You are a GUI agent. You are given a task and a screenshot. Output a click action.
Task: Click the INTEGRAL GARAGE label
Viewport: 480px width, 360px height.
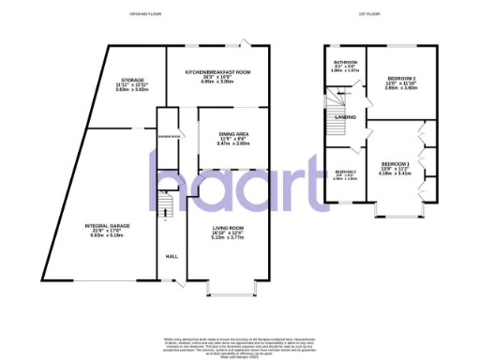pyautogui.click(x=107, y=226)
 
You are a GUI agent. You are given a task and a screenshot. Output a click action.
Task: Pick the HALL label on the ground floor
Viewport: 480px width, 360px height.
pyautogui.click(x=172, y=256)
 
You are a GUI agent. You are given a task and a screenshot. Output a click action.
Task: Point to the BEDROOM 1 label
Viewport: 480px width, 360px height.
pyautogui.click(x=394, y=165)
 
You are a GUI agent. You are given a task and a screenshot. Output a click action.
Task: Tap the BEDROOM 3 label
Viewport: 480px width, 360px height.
pyautogui.click(x=346, y=173)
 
